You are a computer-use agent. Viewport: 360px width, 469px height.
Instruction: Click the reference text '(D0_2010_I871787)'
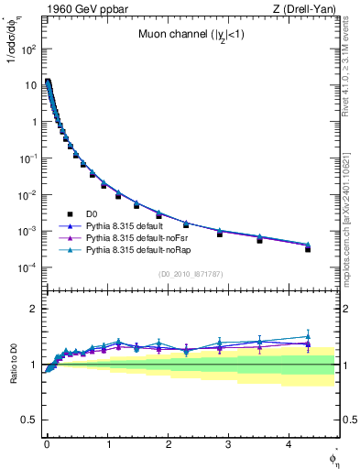[190, 274]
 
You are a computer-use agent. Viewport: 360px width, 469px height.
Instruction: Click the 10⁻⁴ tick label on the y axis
[27, 267]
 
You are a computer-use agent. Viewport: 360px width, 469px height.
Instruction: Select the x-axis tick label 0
[46, 442]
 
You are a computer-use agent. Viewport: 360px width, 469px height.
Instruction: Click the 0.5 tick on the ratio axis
[29, 420]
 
